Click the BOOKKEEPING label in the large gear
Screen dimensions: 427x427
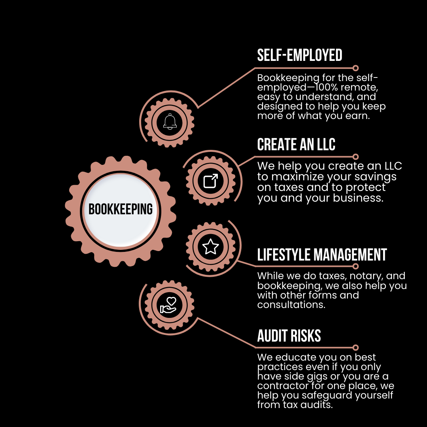point(121,209)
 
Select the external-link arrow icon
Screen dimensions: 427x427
point(210,181)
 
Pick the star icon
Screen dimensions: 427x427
point(210,247)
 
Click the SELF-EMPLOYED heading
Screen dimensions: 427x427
point(300,55)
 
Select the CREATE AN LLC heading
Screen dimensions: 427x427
point(296,145)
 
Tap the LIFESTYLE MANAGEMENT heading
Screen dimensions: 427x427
point(322,255)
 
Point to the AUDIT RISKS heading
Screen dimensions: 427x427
point(289,336)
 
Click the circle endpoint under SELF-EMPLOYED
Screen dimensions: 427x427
point(355,68)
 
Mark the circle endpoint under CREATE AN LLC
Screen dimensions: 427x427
point(355,157)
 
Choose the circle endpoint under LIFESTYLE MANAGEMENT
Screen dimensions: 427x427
point(355,266)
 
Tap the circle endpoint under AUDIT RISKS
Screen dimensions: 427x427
point(355,348)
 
